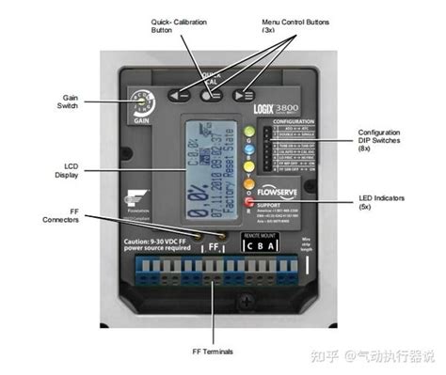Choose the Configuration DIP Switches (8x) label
tap(383, 141)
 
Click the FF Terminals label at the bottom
tap(215, 352)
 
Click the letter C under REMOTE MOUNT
tap(249, 246)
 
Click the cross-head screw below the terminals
tap(215, 301)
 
